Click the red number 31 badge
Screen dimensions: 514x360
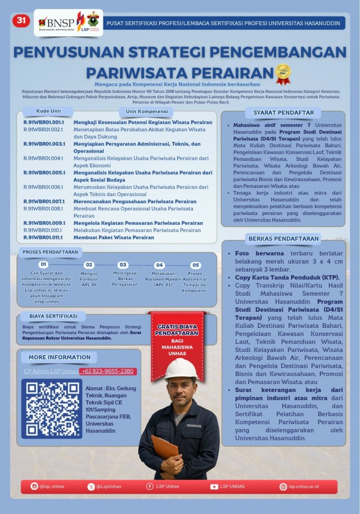click(21, 21)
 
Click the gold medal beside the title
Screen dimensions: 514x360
click(283, 73)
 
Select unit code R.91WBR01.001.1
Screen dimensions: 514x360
click(44, 122)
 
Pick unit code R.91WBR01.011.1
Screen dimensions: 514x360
click(44, 237)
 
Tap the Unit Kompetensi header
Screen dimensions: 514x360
click(147, 111)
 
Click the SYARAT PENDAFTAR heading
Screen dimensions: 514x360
click(284, 112)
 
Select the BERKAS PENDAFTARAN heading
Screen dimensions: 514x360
click(284, 238)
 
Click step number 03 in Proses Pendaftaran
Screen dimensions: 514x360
click(123, 265)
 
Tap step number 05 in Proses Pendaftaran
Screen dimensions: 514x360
click(196, 265)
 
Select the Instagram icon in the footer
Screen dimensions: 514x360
click(34, 486)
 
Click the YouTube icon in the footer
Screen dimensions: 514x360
click(214, 486)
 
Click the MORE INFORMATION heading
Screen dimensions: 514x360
click(59, 357)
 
